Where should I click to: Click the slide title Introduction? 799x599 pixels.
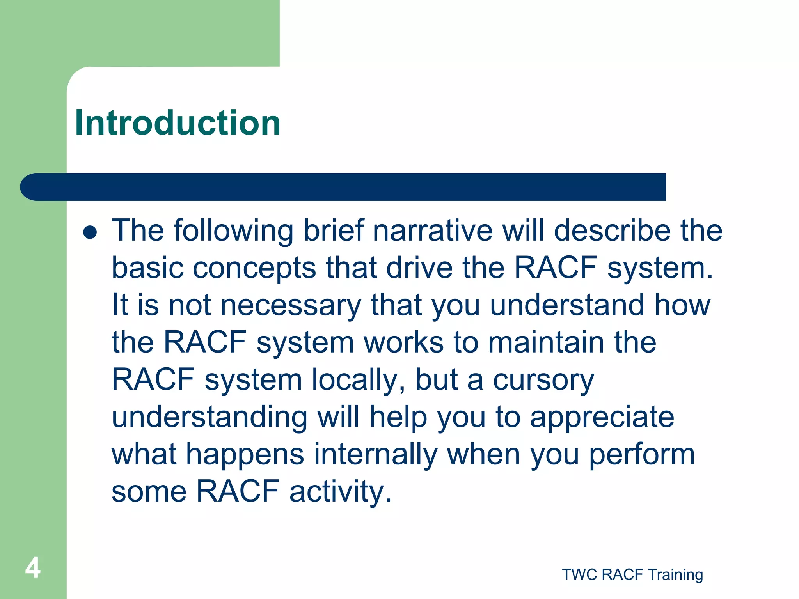pos(178,123)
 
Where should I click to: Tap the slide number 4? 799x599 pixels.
pos(33,568)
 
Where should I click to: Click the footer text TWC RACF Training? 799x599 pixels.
pos(632,574)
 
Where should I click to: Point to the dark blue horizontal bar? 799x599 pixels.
pos(343,187)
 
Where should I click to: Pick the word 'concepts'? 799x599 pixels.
pos(254,268)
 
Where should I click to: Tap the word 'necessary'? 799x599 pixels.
pos(291,306)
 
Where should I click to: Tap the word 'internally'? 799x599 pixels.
pos(376,455)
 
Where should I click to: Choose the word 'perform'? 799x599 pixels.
pos(642,455)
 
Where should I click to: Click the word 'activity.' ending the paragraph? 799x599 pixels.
pos(340,491)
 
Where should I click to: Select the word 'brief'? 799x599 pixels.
pos(334,230)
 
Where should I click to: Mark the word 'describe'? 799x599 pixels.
pos(612,230)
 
